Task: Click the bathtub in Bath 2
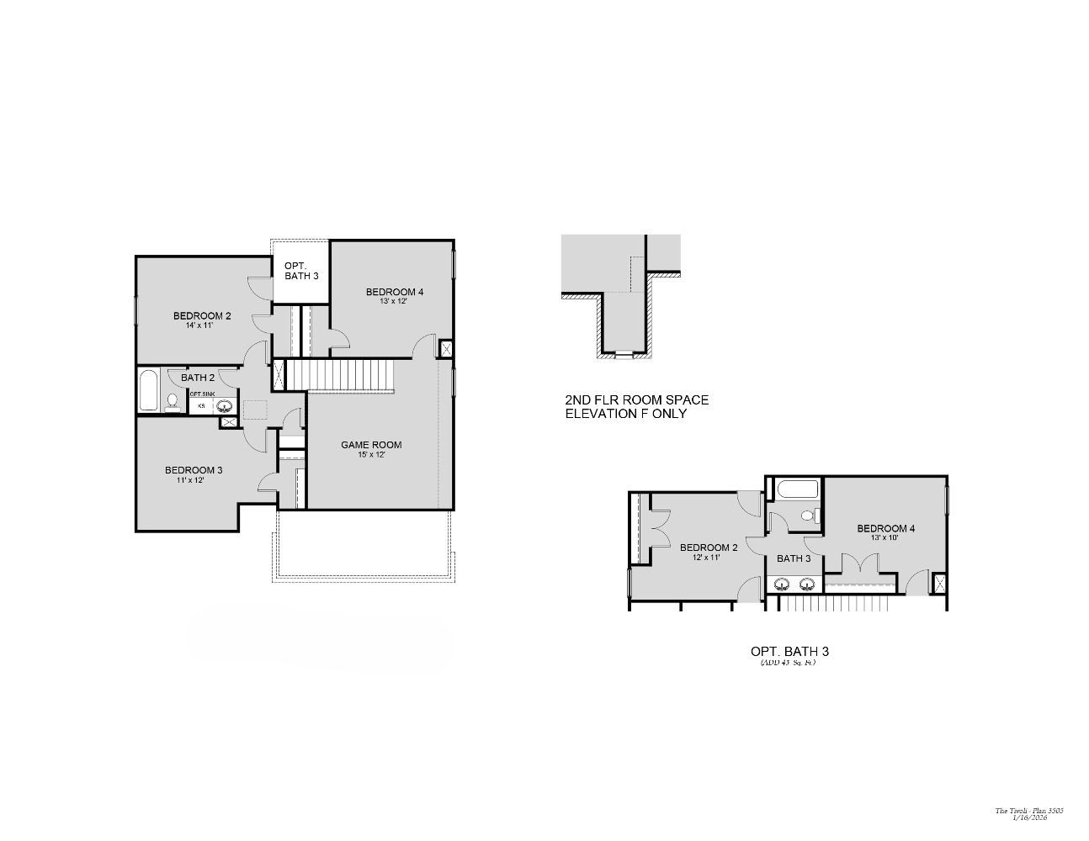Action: pos(148,390)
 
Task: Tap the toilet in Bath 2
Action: pos(173,402)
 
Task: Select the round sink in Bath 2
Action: pos(225,406)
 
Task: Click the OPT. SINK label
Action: pos(201,394)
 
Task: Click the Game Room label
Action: pos(371,445)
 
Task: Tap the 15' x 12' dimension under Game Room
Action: pos(371,455)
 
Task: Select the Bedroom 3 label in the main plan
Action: pos(194,470)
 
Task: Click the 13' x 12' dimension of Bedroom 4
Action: pos(394,301)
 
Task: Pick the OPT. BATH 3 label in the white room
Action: pos(301,271)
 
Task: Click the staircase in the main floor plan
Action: pos(341,374)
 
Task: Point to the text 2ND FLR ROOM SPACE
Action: pos(636,400)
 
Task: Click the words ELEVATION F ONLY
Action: pos(626,414)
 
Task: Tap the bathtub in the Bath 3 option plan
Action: pos(792,489)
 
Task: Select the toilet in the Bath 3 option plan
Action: pos(809,516)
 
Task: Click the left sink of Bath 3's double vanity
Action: pos(781,584)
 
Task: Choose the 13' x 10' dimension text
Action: pos(885,537)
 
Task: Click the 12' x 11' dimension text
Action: pos(709,557)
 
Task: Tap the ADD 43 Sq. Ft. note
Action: pos(788,663)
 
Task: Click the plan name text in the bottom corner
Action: pos(1029,811)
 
